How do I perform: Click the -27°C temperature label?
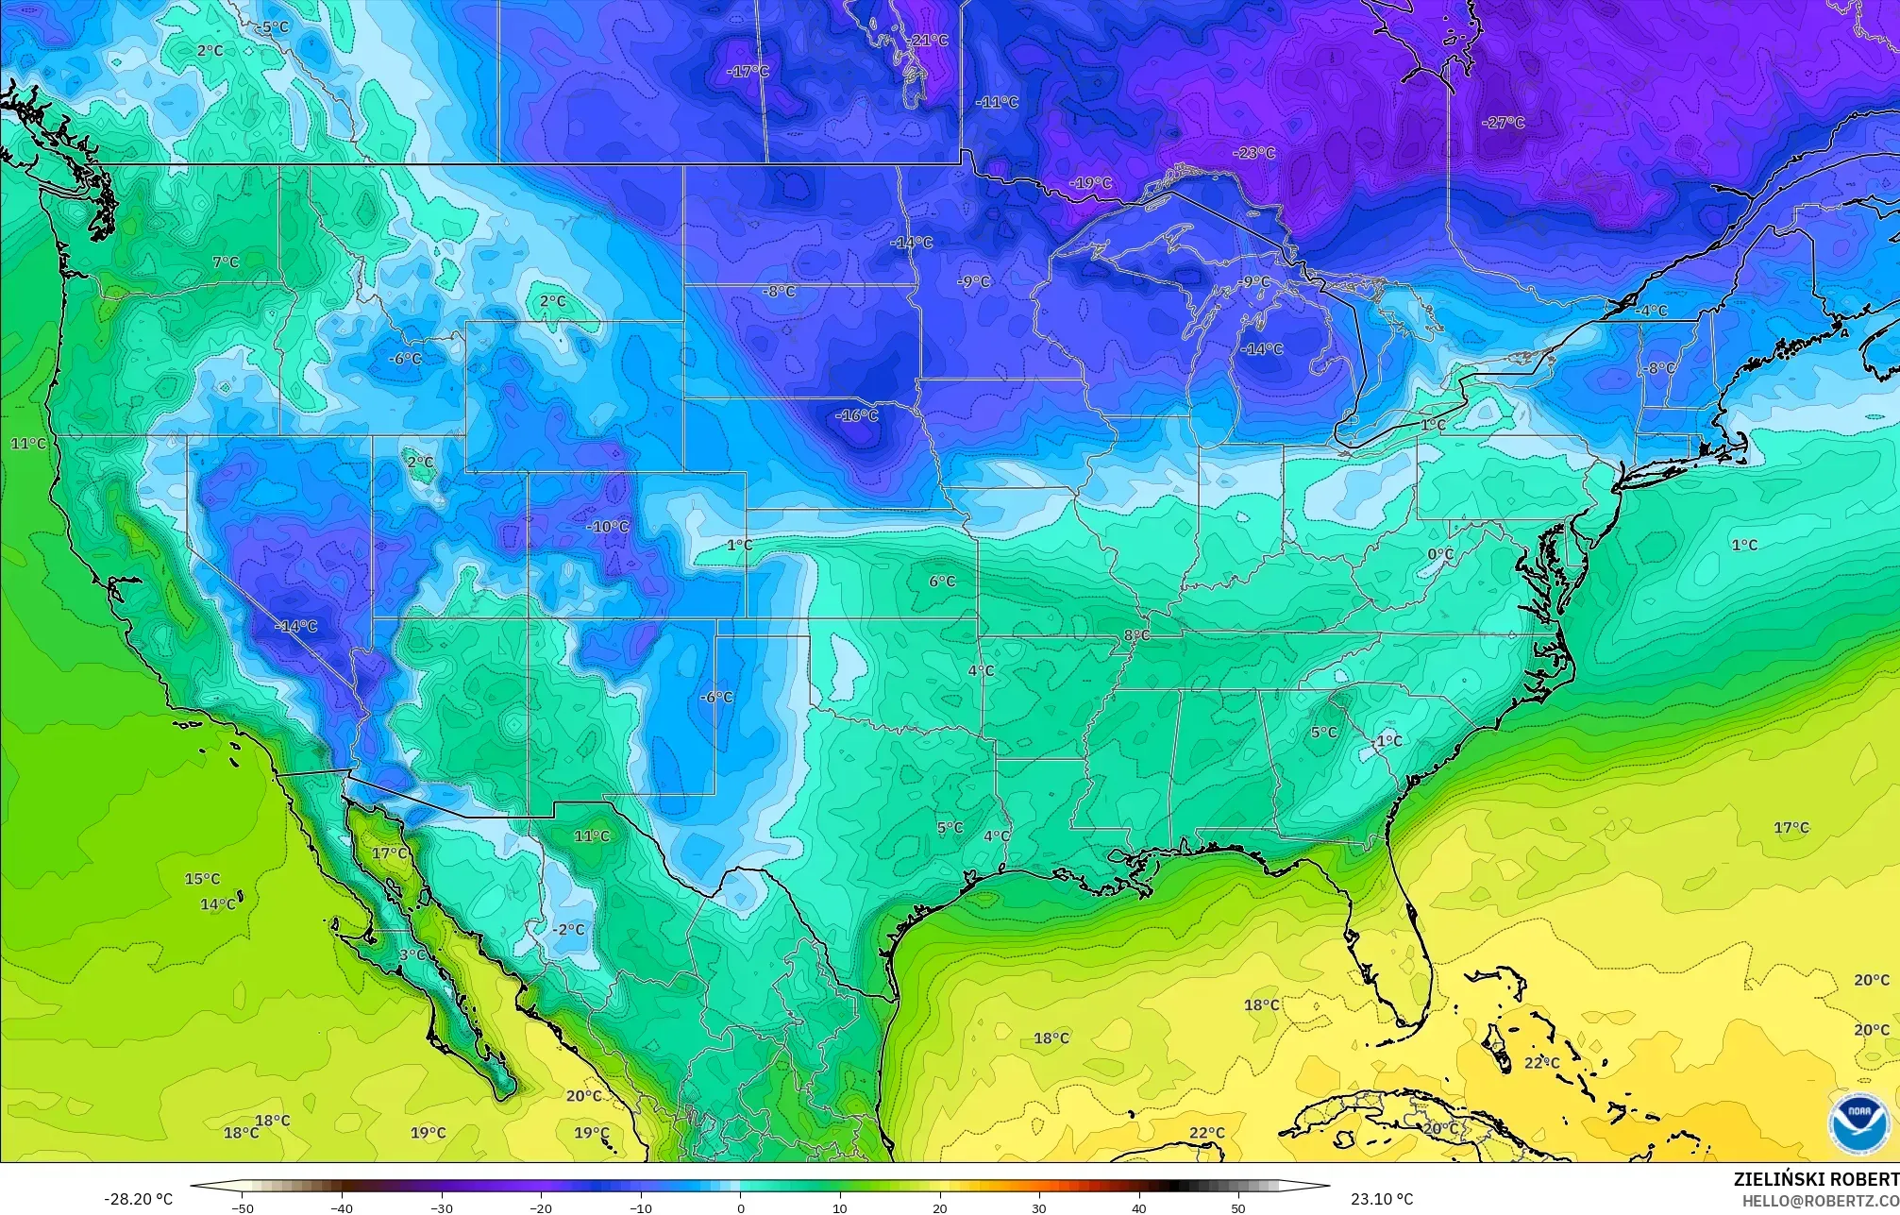tap(1504, 123)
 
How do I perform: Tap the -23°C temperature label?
tap(1254, 153)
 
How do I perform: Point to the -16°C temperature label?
tap(857, 415)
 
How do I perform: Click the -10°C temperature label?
tap(608, 527)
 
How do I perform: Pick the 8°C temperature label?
tap(1137, 635)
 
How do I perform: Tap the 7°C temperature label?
tap(226, 262)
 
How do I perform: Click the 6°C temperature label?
tap(942, 582)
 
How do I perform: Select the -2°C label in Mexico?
tap(569, 929)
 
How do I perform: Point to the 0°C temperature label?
tap(1440, 554)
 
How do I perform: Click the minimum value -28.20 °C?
tap(138, 1199)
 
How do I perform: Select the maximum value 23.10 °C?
tap(1382, 1199)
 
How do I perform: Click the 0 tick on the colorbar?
tap(741, 1207)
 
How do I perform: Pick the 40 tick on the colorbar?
tap(1139, 1207)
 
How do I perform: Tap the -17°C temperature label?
tap(748, 72)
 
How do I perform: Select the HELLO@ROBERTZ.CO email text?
tap(1821, 1201)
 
